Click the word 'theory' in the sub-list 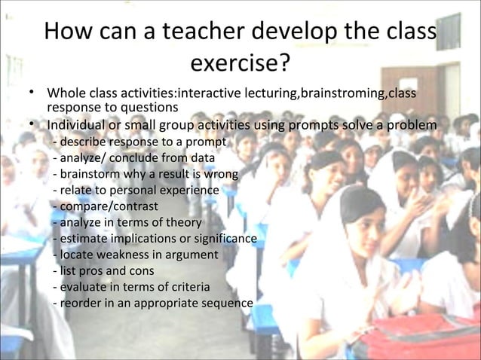[183, 222]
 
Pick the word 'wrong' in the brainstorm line [221, 174]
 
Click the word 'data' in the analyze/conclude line [201, 158]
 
